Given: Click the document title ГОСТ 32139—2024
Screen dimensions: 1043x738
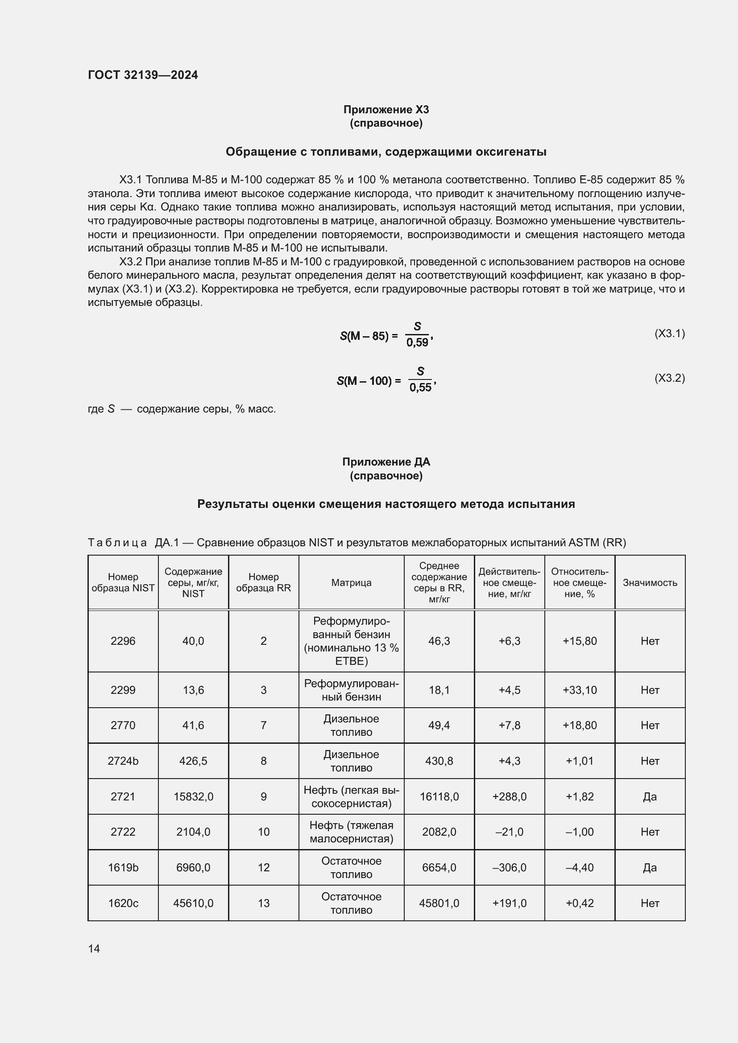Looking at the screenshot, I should tap(143, 75).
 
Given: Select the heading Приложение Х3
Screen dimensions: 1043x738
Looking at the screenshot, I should tap(386, 110).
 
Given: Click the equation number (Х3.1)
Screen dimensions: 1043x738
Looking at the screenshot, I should tap(669, 334).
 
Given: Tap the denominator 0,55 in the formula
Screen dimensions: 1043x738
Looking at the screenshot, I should tap(420, 388).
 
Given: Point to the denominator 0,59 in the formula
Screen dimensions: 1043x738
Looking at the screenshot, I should tap(417, 342).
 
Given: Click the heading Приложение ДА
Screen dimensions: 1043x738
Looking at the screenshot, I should tap(386, 462).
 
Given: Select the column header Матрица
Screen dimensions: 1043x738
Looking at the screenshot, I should tap(351, 582).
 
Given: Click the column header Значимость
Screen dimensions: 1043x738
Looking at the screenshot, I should tap(649, 582).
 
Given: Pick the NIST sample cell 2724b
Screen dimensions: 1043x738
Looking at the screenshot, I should tap(123, 761).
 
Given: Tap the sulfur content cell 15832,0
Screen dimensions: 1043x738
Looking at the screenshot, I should tap(193, 796).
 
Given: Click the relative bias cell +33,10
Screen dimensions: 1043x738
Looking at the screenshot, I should tap(580, 690).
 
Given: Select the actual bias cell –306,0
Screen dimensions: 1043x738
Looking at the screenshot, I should tap(509, 868).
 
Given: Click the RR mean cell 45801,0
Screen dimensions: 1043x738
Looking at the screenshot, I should tap(439, 903).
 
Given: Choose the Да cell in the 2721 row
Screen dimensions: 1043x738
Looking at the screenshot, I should tap(649, 796).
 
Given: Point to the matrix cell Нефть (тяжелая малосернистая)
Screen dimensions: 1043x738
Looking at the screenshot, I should tap(351, 832).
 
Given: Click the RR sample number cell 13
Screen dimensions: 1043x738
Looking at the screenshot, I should tap(264, 903).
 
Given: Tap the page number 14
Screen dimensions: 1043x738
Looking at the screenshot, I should tap(94, 948).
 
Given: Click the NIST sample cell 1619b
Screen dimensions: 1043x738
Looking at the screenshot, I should tap(123, 868).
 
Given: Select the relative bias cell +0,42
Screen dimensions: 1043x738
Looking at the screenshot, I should tap(580, 903).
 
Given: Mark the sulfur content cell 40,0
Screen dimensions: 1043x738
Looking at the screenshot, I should tap(193, 641).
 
